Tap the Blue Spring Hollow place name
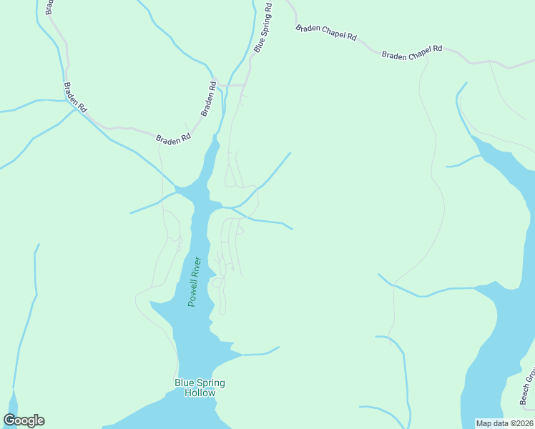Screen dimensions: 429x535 (200, 388)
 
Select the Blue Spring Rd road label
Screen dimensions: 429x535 (262, 28)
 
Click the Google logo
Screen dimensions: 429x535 (24, 420)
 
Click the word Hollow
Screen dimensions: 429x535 (200, 393)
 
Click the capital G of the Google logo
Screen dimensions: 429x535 (9, 420)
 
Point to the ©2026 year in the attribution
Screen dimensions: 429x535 (520, 423)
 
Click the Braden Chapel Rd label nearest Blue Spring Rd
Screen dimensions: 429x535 (326, 32)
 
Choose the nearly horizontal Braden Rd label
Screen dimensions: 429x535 (173, 139)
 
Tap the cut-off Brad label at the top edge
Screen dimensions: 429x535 (49, 7)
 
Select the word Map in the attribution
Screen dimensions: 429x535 (484, 423)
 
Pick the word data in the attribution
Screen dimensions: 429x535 (500, 423)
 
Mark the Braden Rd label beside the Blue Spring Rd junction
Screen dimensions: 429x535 (208, 99)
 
